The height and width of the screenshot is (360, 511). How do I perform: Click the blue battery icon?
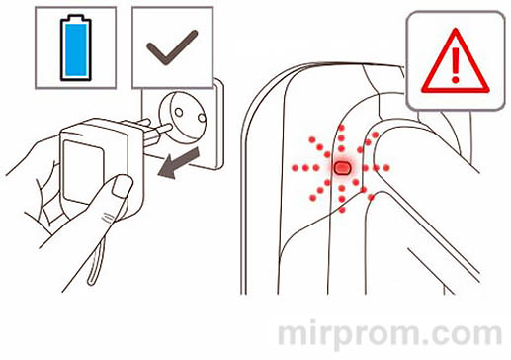pyautogui.click(x=75, y=47)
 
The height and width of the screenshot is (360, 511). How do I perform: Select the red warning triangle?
pyautogui.click(x=456, y=61)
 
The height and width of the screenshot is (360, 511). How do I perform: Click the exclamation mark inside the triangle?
pyautogui.click(x=456, y=65)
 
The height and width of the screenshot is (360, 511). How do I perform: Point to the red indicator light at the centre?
pyautogui.click(x=342, y=168)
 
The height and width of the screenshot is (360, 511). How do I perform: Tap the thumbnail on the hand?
pyautogui.click(x=122, y=186)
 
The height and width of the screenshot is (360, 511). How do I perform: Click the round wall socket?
pyautogui.click(x=183, y=117)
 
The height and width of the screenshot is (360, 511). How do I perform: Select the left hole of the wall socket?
pyautogui.click(x=178, y=112)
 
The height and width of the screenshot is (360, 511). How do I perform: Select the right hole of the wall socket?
pyautogui.click(x=202, y=117)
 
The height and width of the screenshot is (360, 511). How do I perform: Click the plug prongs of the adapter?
pyautogui.click(x=155, y=132)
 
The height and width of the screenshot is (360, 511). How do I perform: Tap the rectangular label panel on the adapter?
pyautogui.click(x=83, y=171)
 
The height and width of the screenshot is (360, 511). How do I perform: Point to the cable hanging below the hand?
pyautogui.click(x=96, y=260)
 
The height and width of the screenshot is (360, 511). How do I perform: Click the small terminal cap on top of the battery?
pyautogui.click(x=75, y=17)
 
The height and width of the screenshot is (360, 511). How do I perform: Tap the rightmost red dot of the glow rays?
pyautogui.click(x=386, y=168)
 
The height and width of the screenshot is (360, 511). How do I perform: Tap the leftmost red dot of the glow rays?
pyautogui.click(x=295, y=168)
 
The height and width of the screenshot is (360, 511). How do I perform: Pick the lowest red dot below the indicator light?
pyautogui.click(x=342, y=210)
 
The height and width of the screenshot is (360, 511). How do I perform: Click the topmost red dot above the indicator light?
pyautogui.click(x=342, y=128)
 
